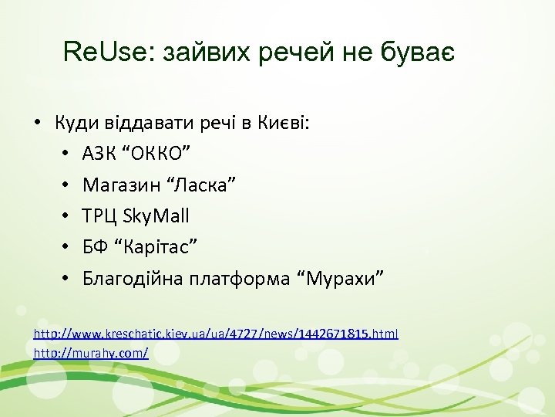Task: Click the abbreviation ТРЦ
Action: (99, 215)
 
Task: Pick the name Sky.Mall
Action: (154, 215)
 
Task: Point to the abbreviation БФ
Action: (94, 246)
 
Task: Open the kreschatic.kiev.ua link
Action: (216, 334)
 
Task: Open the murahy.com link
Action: (91, 352)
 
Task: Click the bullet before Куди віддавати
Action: (36, 123)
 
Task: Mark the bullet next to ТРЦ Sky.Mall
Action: (67, 215)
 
